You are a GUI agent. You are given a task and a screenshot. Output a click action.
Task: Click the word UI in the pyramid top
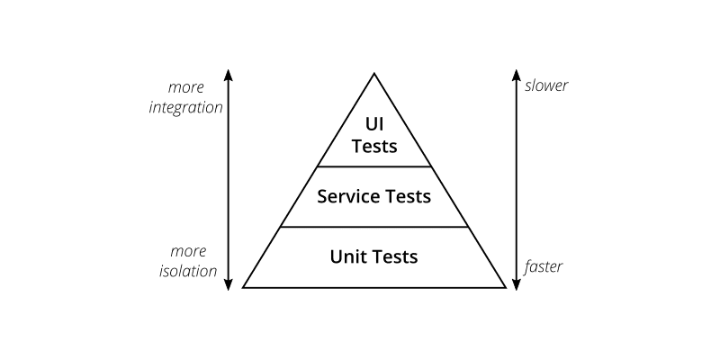point(374,122)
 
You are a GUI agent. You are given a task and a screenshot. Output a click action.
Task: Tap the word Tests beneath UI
point(374,145)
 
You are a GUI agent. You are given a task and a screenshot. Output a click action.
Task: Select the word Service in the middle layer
point(346,195)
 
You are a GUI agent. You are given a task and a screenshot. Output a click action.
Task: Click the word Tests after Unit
point(395,256)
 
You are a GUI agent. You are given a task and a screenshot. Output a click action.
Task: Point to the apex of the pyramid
point(374,75)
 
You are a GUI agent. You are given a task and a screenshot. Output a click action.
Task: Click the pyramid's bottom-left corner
point(243,287)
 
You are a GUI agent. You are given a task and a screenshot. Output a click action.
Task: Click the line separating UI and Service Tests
point(374,166)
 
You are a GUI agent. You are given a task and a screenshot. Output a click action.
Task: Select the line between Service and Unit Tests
point(374,227)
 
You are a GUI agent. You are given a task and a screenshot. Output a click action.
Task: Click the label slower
point(546,86)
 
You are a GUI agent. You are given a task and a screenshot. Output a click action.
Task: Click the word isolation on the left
point(191,270)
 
